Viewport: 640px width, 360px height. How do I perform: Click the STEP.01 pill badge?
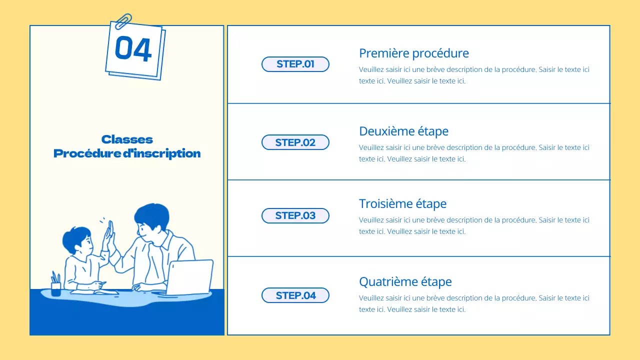[295, 64]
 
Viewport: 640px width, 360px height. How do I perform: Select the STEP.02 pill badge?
[295, 142]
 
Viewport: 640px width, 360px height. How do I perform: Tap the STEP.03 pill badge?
[295, 215]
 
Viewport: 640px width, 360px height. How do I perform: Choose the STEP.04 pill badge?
[295, 295]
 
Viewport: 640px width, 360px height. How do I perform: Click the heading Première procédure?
[414, 53]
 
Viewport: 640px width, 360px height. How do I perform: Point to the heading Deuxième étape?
[403, 131]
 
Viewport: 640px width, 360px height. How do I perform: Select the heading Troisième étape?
[402, 203]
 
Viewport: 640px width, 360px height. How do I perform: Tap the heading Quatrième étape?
[405, 281]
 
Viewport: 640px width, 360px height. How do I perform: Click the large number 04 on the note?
[133, 49]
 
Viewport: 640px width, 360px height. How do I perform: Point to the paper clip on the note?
[123, 21]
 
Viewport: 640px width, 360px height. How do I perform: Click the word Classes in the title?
[127, 139]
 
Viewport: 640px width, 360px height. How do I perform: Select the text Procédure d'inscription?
[127, 153]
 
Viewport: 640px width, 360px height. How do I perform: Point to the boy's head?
[78, 240]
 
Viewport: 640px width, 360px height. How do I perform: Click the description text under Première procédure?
[474, 75]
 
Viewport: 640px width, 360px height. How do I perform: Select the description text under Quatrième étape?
[474, 303]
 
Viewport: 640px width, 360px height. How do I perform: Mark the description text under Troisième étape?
[474, 225]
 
